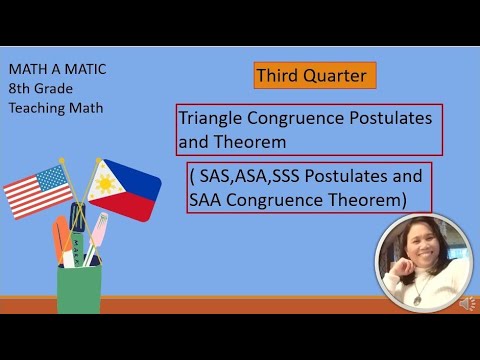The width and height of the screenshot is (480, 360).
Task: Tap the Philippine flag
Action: pyautogui.click(x=125, y=187)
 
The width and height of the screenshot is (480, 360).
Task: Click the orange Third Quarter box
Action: pyautogui.click(x=314, y=75)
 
